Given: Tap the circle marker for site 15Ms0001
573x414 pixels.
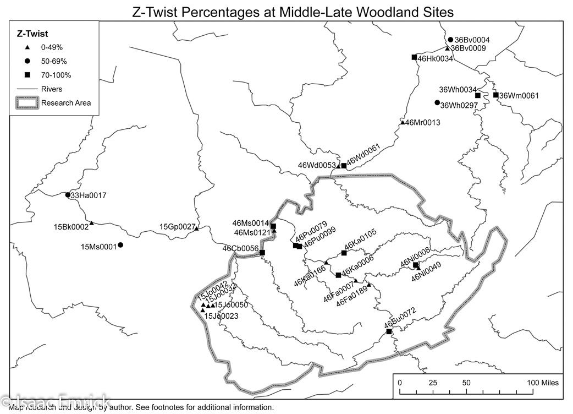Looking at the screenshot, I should [120, 245].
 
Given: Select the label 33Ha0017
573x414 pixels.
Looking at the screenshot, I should [88, 195].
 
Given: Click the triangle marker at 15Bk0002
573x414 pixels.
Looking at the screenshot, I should [92, 222].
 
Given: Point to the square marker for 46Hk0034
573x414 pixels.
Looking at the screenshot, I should [414, 57].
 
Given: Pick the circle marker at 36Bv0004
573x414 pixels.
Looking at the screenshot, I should [450, 40].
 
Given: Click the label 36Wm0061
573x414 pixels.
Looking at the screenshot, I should [519, 96].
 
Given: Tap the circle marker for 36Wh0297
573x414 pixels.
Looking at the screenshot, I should [437, 103].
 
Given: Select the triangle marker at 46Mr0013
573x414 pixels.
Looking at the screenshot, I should [403, 122].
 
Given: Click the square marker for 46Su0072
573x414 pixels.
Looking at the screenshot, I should [389, 331].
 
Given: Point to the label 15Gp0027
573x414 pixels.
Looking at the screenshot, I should [177, 227].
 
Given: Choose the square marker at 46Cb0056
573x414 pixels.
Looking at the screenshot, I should [262, 253].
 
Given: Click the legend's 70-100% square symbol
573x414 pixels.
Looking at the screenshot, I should [27, 75].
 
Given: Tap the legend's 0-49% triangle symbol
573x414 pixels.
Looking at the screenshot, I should [27, 47].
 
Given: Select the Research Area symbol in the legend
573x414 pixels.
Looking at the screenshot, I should [27, 102].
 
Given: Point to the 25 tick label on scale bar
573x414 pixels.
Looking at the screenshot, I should [433, 383].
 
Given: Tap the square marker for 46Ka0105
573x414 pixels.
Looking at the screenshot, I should [344, 253].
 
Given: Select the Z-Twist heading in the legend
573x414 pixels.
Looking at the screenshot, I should [29, 34].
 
